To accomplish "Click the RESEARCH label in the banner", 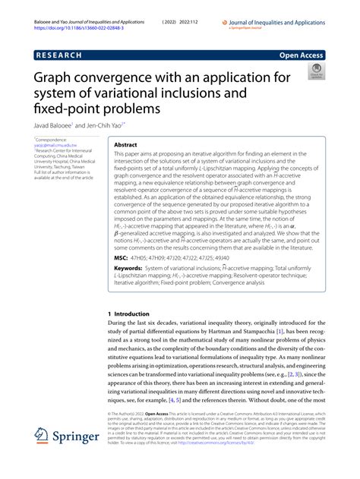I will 64,55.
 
